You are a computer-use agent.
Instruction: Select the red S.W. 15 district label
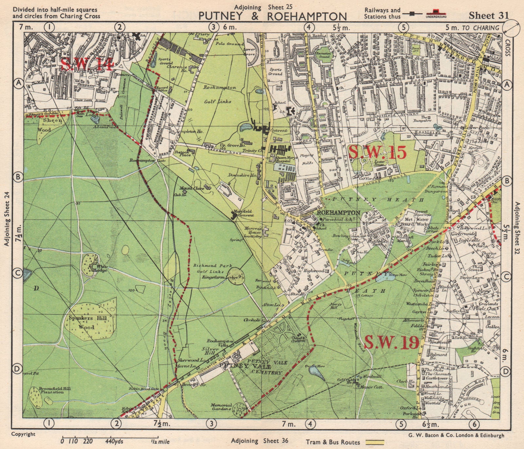click(x=378, y=152)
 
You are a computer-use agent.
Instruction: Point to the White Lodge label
click(x=101, y=268)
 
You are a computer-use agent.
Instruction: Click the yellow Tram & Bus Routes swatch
click(x=375, y=442)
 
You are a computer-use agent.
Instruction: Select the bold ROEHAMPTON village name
click(x=339, y=212)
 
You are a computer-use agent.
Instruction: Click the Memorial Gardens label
click(x=221, y=407)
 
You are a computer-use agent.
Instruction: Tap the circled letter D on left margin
click(x=17, y=369)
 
